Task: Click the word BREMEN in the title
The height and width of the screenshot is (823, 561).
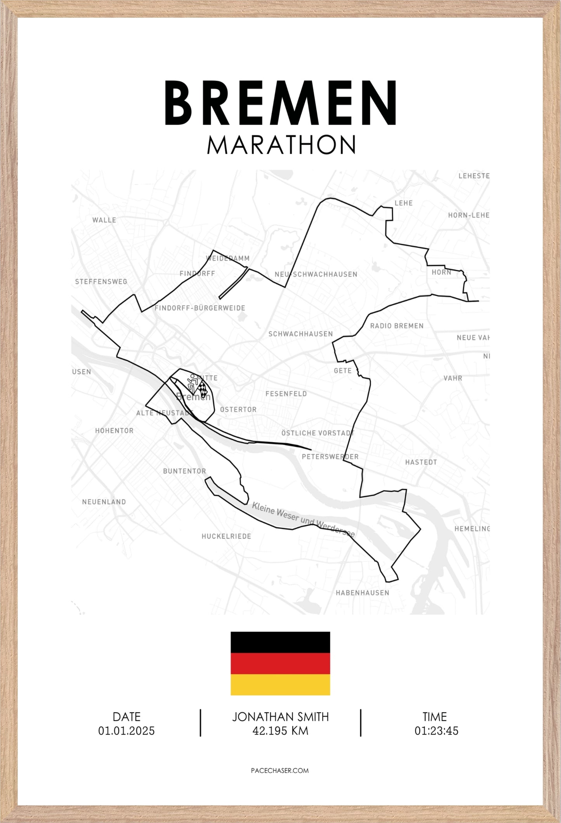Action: click(x=280, y=103)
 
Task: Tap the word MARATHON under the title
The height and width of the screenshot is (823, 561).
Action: click(x=281, y=145)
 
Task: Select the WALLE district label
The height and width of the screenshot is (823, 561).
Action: click(x=104, y=220)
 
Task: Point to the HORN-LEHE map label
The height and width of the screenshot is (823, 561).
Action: click(x=468, y=215)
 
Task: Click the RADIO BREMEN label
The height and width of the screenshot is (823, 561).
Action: click(x=396, y=326)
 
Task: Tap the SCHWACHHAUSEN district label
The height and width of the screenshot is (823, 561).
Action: click(x=300, y=334)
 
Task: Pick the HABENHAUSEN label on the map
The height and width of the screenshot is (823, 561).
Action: click(x=362, y=593)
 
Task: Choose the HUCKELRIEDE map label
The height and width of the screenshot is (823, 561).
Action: click(x=226, y=537)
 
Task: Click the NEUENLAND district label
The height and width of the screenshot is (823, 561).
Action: click(x=104, y=502)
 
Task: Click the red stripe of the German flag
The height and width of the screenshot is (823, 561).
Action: click(x=280, y=663)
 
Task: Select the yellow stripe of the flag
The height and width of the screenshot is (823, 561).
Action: click(x=280, y=684)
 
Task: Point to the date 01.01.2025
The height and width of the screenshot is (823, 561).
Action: click(x=126, y=731)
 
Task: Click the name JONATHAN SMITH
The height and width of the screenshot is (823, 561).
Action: click(x=280, y=717)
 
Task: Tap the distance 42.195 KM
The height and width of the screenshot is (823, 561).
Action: click(x=280, y=731)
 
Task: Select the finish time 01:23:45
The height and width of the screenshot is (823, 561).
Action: click(x=436, y=731)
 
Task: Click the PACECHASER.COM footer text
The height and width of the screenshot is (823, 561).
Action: click(x=280, y=771)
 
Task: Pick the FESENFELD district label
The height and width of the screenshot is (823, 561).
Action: click(x=286, y=394)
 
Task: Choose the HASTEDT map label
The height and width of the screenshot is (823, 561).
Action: click(x=421, y=462)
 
